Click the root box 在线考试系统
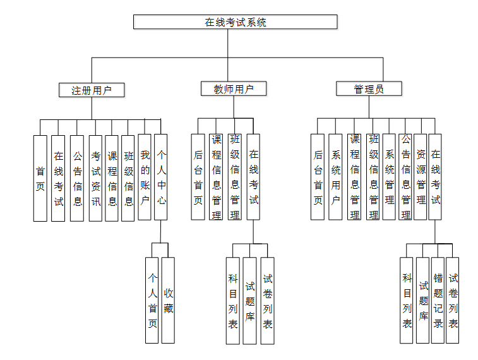click(235, 22)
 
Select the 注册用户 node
click(92, 90)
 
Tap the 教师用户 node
click(234, 89)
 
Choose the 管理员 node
click(369, 89)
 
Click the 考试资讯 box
click(95, 178)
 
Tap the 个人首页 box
click(152, 300)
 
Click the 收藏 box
click(168, 300)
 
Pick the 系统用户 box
click(335, 177)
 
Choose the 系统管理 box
click(389, 177)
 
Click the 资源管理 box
click(421, 177)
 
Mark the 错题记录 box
click(438, 300)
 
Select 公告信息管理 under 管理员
click(405, 177)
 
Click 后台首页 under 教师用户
click(198, 177)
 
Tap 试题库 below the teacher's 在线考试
click(250, 301)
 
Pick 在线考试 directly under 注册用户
click(58, 178)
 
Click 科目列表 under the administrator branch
click(407, 300)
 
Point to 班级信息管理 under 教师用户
click(235, 177)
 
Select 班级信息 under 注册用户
click(128, 178)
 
